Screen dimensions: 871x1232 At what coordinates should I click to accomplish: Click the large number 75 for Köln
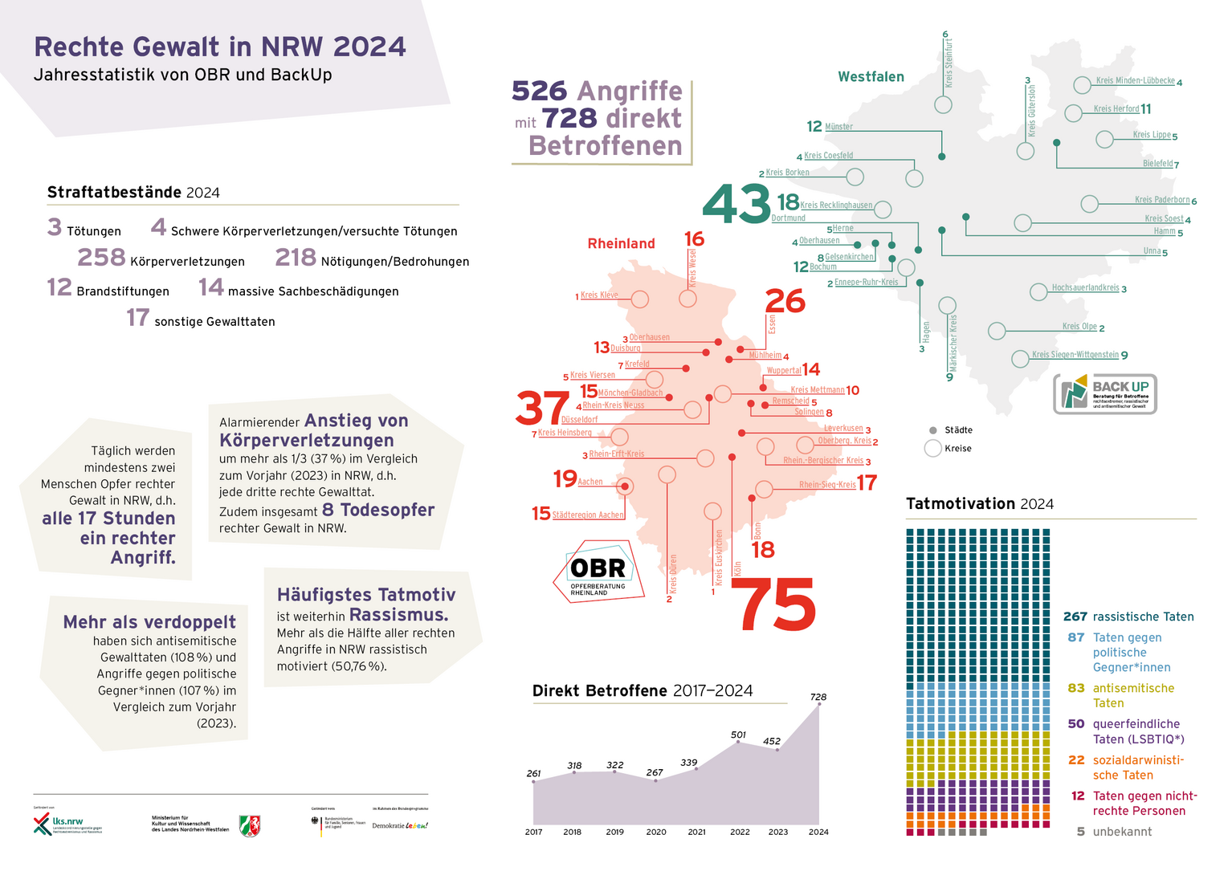coord(773,605)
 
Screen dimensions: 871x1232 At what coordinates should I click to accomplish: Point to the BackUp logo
coord(1104,394)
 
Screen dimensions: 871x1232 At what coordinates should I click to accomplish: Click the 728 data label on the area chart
coord(818,697)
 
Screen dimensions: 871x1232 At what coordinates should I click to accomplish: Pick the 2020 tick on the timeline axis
coord(656,832)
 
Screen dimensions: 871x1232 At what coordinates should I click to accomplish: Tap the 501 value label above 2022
coord(738,735)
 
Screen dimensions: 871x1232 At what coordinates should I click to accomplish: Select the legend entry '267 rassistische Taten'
coord(1128,617)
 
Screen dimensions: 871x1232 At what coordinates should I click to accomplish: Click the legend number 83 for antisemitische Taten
coord(1076,688)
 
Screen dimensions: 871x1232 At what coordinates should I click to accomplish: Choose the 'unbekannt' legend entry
coord(1122,832)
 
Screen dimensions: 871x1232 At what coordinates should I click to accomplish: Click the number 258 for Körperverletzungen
coord(101,258)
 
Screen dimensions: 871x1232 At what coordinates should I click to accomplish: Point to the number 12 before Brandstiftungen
coord(59,287)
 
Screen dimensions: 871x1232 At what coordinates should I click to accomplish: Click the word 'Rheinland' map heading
coord(621,243)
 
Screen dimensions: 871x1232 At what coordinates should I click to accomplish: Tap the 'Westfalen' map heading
coord(871,77)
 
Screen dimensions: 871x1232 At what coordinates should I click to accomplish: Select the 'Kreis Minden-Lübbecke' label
coord(1135,81)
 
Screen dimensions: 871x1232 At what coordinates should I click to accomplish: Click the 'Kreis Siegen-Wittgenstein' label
coord(1075,354)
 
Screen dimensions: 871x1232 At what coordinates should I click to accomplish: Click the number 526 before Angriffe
coord(539,91)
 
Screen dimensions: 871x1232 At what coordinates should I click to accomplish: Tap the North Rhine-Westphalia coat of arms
coord(250,825)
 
